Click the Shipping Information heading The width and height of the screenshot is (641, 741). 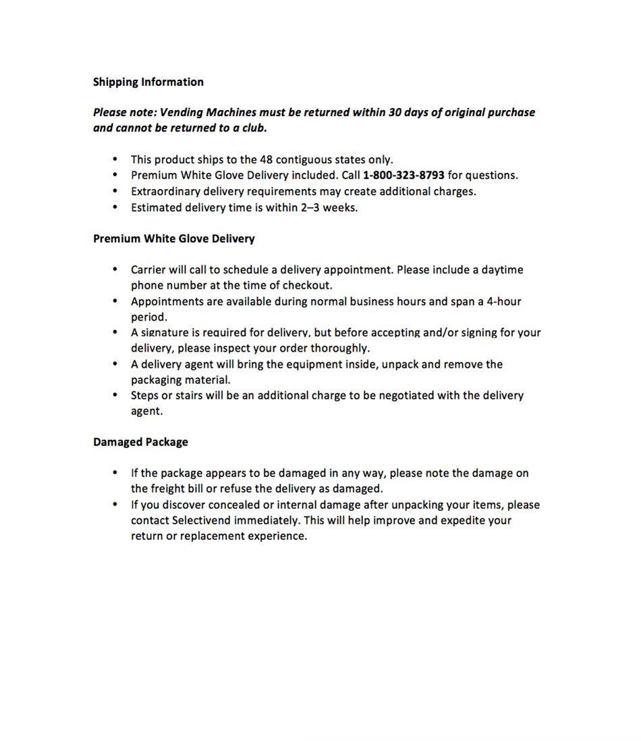click(x=148, y=82)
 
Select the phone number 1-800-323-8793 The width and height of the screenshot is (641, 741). click(x=403, y=175)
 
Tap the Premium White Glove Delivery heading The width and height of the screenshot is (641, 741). click(x=173, y=238)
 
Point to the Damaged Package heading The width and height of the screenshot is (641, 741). click(x=140, y=442)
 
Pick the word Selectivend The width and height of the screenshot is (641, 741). click(x=202, y=520)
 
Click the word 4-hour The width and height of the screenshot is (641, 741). click(x=504, y=301)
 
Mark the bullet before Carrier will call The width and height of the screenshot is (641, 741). click(x=115, y=269)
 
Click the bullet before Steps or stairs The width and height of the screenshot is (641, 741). click(x=115, y=395)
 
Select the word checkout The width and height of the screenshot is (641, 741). click(x=307, y=285)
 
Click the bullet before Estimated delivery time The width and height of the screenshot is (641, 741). click(x=115, y=207)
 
